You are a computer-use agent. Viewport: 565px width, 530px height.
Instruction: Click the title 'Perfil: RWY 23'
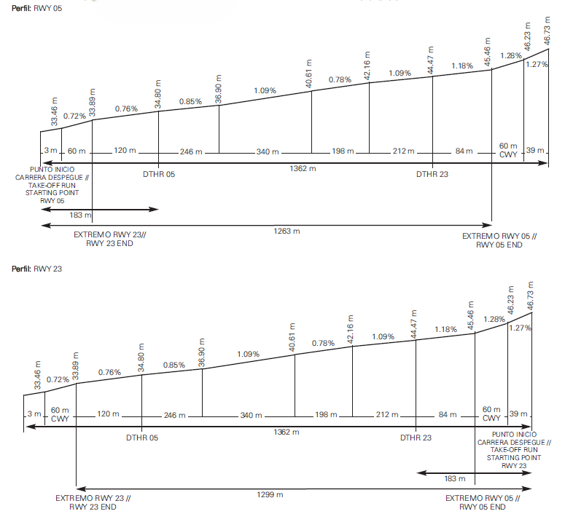(32, 269)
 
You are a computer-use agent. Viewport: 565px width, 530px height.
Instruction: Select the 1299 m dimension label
(271, 494)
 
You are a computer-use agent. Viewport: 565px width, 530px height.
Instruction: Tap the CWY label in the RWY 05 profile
(508, 154)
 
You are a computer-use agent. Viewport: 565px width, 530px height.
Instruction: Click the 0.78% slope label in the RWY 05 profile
(340, 80)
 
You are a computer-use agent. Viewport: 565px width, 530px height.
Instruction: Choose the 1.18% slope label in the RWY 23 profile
(445, 331)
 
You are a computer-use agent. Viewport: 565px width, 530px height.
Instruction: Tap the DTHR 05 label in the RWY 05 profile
(159, 175)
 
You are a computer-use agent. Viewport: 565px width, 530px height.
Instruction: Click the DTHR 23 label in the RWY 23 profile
(416, 438)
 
